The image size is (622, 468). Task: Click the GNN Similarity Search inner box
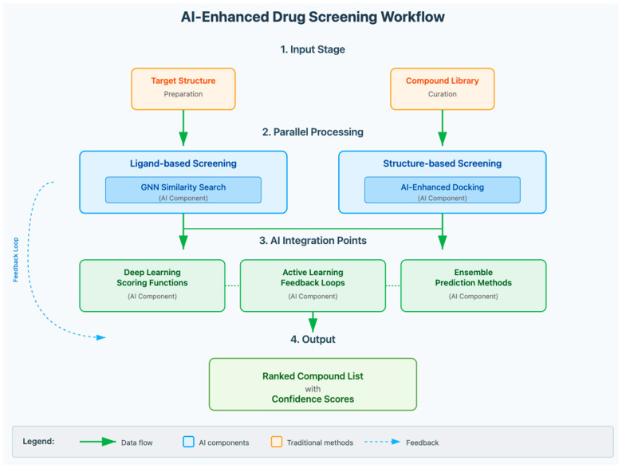point(183,190)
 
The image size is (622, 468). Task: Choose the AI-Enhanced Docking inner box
point(442,190)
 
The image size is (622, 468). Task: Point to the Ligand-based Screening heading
point(183,163)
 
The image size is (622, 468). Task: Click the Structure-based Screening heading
point(442,163)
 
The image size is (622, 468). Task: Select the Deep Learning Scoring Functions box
point(152,285)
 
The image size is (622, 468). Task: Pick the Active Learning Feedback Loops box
point(313,285)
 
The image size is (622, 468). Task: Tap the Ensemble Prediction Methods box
point(473,285)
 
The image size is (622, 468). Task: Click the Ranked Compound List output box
point(313,383)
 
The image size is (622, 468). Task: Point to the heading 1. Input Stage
point(313,49)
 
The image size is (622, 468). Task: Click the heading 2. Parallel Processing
point(313,132)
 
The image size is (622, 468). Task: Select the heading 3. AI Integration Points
point(313,240)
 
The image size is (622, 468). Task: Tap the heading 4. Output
point(313,339)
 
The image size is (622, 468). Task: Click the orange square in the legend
point(277,442)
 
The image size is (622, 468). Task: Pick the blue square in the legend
point(188,442)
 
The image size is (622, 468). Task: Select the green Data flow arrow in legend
point(97,442)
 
